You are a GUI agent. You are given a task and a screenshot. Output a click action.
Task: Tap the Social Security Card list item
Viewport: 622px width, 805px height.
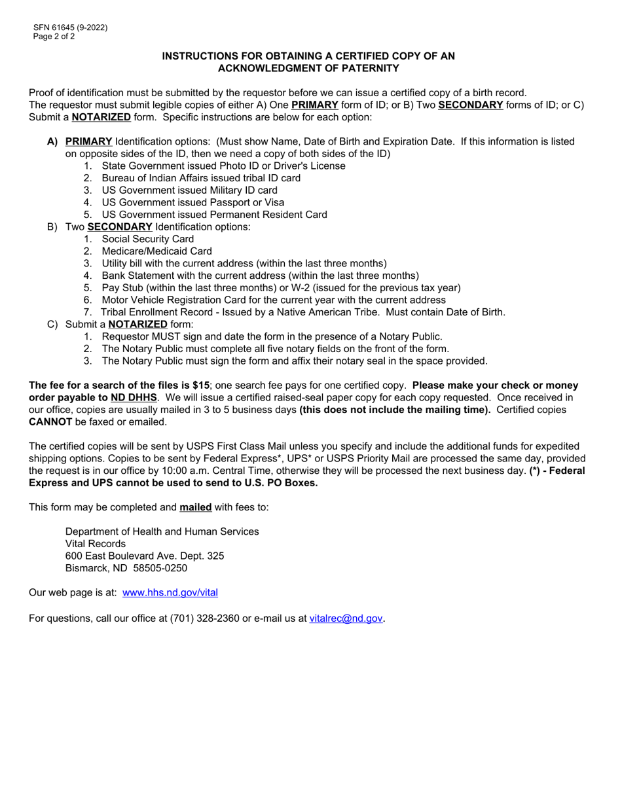point(148,239)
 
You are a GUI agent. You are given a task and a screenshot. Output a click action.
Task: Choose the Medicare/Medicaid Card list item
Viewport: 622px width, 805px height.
point(156,251)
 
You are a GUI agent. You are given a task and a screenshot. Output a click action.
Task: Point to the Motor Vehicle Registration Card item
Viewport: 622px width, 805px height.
point(198,300)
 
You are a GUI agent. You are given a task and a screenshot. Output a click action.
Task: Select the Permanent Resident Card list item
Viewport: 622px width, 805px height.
point(215,215)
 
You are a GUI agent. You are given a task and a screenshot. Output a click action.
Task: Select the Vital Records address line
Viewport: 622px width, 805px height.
point(96,543)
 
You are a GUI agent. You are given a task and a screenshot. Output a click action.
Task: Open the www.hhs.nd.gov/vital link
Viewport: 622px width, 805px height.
point(170,592)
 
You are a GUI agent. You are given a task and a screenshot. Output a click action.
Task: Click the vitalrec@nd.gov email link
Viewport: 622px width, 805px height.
point(346,617)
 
